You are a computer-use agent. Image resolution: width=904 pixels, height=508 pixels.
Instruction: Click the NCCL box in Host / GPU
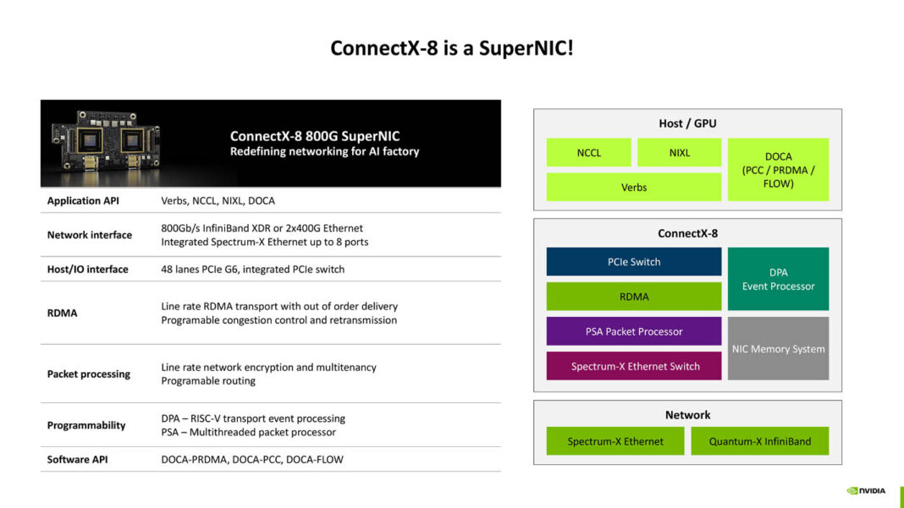pyautogui.click(x=588, y=153)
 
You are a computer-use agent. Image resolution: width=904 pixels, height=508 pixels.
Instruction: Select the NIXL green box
pyautogui.click(x=679, y=153)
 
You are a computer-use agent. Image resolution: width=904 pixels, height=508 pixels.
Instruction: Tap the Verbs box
pyautogui.click(x=633, y=187)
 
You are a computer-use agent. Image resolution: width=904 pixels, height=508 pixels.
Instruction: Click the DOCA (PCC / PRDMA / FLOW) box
pyautogui.click(x=778, y=170)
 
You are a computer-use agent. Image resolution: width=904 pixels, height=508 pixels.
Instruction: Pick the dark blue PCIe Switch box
pyautogui.click(x=633, y=262)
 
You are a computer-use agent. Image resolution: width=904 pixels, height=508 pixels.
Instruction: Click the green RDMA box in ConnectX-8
pyautogui.click(x=633, y=297)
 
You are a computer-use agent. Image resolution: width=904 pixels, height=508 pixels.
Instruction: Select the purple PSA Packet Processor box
pyautogui.click(x=633, y=331)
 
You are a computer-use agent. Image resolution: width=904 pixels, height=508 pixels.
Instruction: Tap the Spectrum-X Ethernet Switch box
pyautogui.click(x=633, y=366)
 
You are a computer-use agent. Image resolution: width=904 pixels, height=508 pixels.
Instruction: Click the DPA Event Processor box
pyautogui.click(x=778, y=279)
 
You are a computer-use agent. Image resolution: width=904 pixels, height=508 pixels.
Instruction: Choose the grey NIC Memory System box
pyautogui.click(x=778, y=348)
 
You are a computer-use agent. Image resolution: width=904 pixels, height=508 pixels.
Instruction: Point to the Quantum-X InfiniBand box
pyautogui.click(x=759, y=441)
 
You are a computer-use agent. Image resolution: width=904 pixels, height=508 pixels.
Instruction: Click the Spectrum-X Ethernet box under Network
pyautogui.click(x=615, y=441)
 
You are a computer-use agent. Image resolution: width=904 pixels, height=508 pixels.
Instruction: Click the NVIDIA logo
pyautogui.click(x=866, y=490)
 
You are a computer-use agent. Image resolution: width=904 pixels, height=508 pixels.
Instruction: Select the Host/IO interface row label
pyautogui.click(x=88, y=270)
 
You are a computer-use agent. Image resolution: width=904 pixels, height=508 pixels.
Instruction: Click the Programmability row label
pyautogui.click(x=86, y=425)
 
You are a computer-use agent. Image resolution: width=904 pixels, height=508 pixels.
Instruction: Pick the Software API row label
pyautogui.click(x=78, y=460)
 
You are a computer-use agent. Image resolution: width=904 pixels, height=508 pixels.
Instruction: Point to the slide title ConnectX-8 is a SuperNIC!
pyautogui.click(x=451, y=48)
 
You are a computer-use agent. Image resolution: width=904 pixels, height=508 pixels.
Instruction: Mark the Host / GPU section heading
pyautogui.click(x=687, y=123)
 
